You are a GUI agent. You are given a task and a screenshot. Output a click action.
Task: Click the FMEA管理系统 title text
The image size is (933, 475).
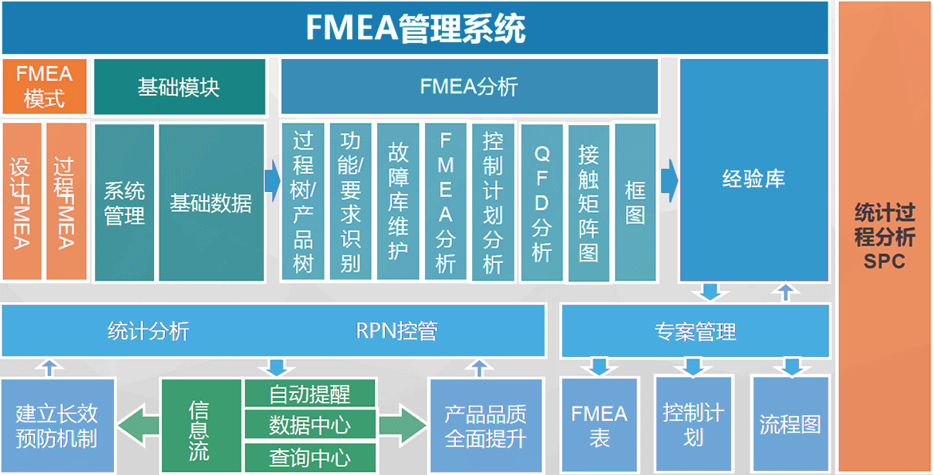415,29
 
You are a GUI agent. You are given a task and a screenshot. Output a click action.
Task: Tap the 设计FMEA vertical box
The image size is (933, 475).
22,202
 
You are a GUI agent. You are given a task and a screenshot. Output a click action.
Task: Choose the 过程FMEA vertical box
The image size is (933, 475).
65,202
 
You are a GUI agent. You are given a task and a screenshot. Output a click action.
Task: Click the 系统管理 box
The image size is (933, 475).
124,202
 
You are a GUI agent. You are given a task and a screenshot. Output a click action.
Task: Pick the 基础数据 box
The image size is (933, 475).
211,202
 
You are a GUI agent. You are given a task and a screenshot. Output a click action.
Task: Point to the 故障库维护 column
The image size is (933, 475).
398,202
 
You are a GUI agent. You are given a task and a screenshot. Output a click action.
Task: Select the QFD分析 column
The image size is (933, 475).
541,202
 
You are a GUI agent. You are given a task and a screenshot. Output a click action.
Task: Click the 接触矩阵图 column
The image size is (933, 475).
589,202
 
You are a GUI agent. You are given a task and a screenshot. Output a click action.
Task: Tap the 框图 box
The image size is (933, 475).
635,202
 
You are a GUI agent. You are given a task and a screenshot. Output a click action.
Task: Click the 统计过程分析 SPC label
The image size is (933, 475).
884,237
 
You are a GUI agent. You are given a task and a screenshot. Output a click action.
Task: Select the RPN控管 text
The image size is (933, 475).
396,331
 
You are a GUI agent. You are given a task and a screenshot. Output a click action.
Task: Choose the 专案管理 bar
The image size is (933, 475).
695,331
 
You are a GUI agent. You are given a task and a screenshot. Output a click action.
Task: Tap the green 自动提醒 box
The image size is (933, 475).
309,394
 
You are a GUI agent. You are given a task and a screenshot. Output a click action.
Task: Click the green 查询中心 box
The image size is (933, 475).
309,457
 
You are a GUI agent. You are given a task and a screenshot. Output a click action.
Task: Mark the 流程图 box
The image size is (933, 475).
789,424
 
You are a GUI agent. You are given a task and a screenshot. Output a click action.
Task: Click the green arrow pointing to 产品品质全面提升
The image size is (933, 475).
403,425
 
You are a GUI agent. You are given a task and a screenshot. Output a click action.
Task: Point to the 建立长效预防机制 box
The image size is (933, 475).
57,426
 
